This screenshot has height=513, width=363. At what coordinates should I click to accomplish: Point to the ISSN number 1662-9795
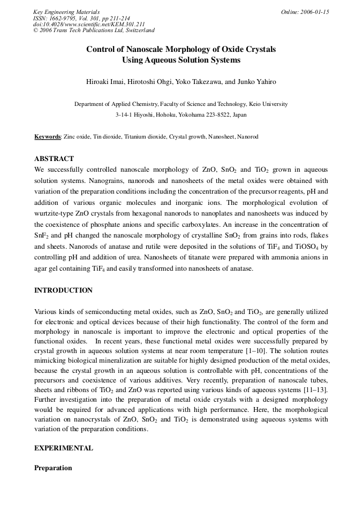click(63, 18)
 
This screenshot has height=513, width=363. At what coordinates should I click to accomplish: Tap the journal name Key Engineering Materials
click(66, 12)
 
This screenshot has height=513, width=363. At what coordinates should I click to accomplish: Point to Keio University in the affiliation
click(267, 104)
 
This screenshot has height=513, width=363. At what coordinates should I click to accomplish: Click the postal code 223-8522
click(210, 114)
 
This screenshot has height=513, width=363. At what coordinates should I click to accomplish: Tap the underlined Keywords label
click(48, 137)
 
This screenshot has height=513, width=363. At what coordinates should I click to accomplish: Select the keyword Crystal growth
click(187, 137)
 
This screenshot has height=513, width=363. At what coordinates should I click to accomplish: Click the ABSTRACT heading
click(54, 159)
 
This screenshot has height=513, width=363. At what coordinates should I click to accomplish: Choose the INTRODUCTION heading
click(63, 290)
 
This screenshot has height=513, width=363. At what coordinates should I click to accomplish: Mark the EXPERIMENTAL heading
click(63, 448)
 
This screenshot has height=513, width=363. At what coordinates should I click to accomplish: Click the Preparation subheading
click(53, 468)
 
